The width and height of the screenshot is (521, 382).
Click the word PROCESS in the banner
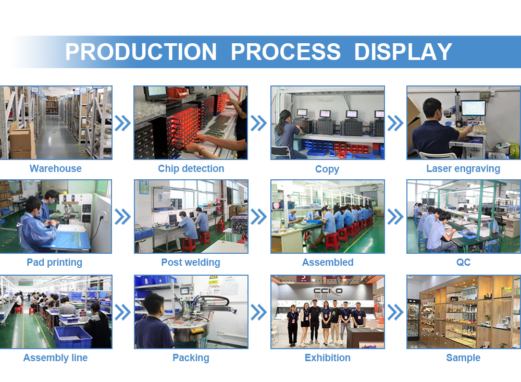[x=286, y=52]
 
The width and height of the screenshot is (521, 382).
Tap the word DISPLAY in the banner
[x=403, y=52]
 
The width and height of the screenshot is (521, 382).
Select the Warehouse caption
[x=56, y=168]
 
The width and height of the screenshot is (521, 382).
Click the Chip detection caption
[x=191, y=168]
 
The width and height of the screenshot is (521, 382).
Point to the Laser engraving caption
[x=463, y=169]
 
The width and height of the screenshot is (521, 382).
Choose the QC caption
[x=463, y=262]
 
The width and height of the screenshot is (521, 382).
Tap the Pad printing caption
[x=55, y=263]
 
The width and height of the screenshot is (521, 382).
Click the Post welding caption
[x=191, y=263]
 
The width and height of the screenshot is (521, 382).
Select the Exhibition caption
[x=328, y=358]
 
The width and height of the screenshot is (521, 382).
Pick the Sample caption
[x=463, y=358]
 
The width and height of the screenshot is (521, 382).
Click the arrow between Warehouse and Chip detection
[x=122, y=124]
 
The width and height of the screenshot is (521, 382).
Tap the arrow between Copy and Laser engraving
[x=395, y=124]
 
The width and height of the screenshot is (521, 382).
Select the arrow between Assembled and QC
[x=395, y=217]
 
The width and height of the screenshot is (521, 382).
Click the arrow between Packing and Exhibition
[x=258, y=312]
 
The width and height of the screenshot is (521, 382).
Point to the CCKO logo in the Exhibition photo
[x=328, y=291]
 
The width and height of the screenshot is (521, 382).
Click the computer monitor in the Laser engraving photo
[x=474, y=108]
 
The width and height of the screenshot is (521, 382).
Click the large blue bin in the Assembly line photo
[x=73, y=337]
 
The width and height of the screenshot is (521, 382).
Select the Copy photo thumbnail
[x=328, y=122]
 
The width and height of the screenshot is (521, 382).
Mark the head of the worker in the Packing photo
[x=154, y=304]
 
